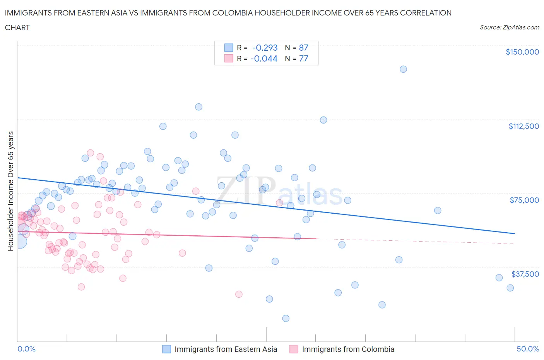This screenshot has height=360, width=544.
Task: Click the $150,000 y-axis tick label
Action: coord(522,52)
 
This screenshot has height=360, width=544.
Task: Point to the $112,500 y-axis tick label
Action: coord(523,126)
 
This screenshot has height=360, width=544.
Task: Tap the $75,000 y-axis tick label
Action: coord(524,200)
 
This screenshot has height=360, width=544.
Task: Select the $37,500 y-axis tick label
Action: coord(525,274)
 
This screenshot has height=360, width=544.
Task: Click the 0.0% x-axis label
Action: coord(26,349)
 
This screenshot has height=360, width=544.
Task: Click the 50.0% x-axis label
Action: coord(528,349)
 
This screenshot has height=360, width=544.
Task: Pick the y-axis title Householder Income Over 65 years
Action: coord(11,191)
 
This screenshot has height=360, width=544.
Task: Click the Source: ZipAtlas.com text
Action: coord(509,27)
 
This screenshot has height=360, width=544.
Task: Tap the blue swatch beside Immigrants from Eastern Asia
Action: coord(166,349)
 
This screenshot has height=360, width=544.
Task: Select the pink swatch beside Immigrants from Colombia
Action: coord(294,349)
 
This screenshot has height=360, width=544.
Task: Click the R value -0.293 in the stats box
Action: coord(265,48)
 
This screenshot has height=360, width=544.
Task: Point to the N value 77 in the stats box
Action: coord(303,58)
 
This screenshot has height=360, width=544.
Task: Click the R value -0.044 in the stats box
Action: coord(264,58)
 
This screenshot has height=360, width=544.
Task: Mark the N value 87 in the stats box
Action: coord(303,48)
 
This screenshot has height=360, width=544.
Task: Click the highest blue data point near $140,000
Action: coord(403,69)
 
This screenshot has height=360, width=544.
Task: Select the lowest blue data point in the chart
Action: coord(286,318)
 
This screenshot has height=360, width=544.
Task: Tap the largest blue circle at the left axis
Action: coord(19,242)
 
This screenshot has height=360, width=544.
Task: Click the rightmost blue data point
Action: coord(510,288)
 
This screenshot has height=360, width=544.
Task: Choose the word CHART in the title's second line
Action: coord(17,27)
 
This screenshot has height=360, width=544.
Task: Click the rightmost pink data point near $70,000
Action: coord(279,202)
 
